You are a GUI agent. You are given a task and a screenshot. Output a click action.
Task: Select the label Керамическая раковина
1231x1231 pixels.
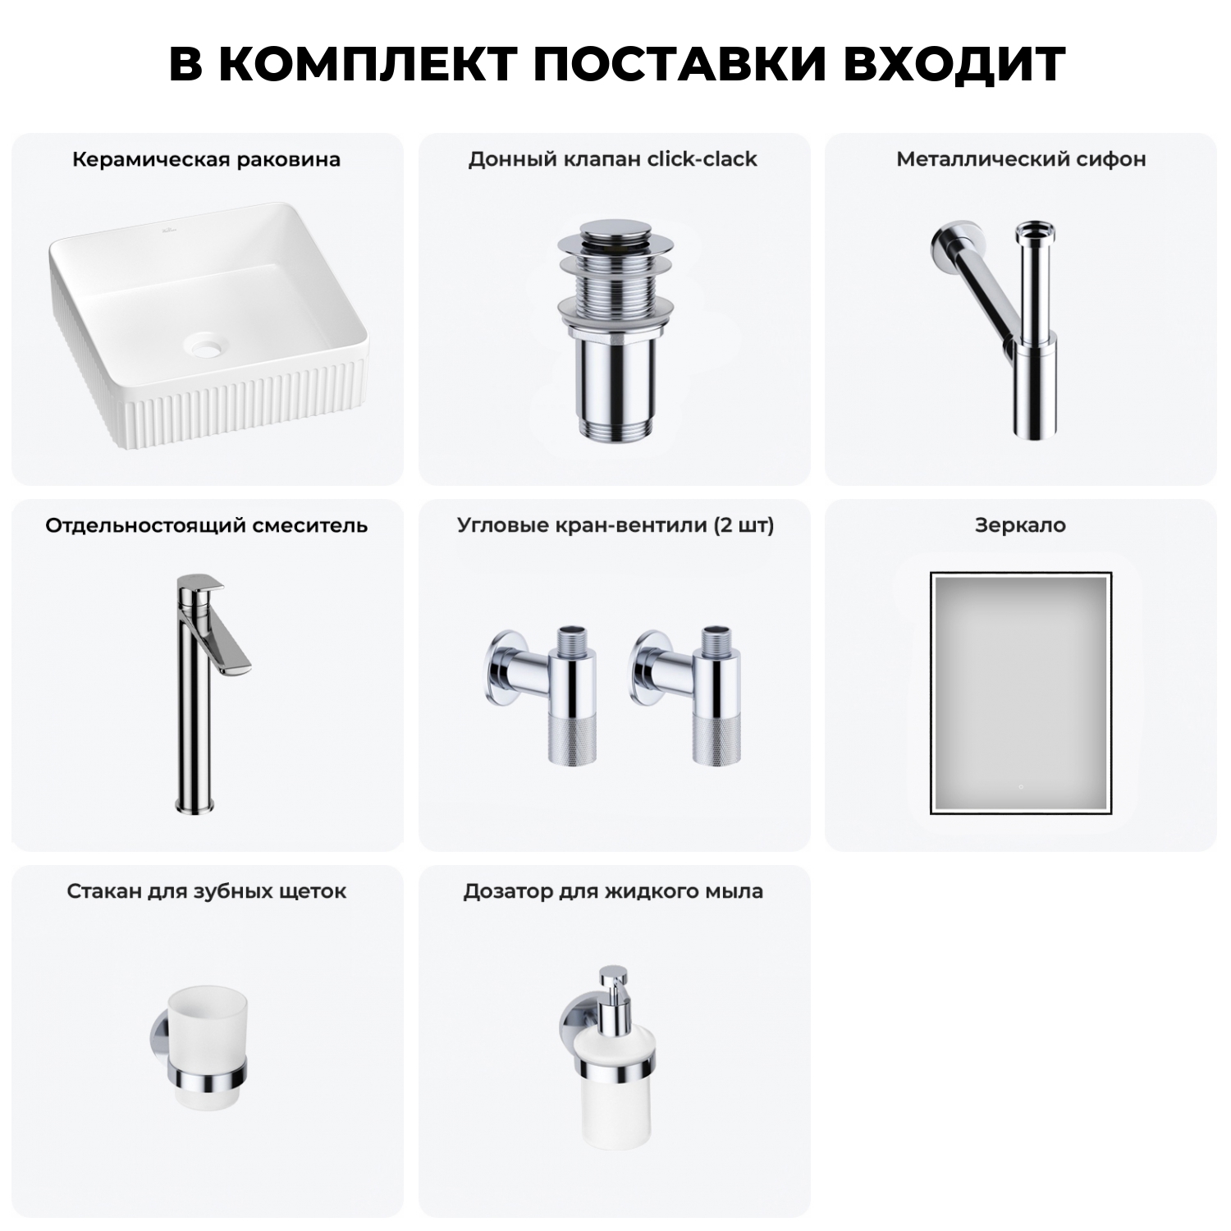[206, 159]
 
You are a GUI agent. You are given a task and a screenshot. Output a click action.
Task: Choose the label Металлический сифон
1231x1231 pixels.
[1021, 159]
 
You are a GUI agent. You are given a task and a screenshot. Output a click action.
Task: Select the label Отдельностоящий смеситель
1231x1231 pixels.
[206, 525]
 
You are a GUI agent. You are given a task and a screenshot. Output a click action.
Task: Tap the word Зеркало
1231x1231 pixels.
[1020, 525]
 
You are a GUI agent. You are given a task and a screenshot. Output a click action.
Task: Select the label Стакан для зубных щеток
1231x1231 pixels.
[206, 891]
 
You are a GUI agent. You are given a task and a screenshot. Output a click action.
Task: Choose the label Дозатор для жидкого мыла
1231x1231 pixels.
[613, 891]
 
